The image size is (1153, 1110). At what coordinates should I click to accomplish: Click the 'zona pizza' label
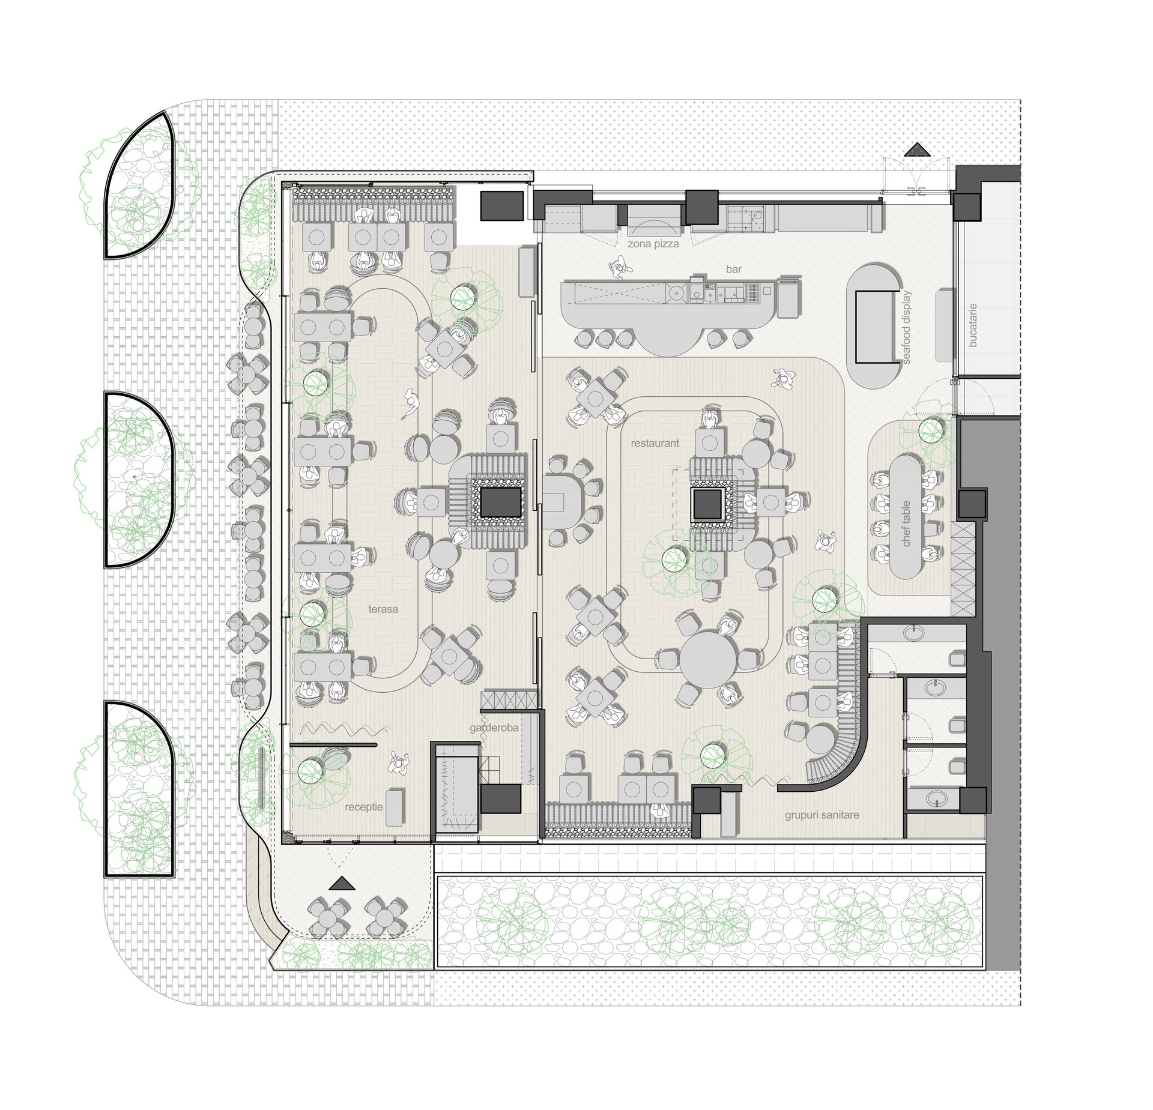coord(653,244)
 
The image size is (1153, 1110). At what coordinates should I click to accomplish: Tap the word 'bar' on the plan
coord(734,270)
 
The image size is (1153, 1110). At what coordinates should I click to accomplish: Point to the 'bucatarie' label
coord(973,325)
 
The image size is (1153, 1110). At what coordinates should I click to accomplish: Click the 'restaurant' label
coord(655,443)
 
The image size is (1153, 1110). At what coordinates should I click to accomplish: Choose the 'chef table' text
coord(907,523)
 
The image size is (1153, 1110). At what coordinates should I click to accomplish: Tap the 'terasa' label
coord(383,609)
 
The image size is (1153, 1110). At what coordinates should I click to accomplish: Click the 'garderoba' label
coord(494,728)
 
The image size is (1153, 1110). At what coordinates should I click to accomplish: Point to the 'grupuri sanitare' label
coord(822,815)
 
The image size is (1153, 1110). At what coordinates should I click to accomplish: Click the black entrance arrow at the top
coord(916,149)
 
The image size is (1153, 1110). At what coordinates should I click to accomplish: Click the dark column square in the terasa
coord(500,502)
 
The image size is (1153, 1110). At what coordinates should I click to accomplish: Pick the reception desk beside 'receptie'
coord(394,807)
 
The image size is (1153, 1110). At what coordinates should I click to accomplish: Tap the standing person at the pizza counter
coord(619,268)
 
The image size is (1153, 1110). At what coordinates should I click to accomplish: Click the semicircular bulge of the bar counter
coord(668,339)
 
